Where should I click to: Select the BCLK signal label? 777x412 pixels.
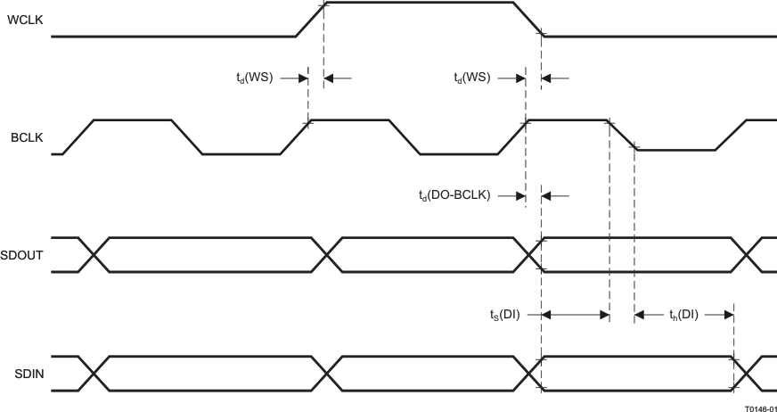21,137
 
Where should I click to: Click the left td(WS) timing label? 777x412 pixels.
248,78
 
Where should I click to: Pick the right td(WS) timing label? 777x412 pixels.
471,78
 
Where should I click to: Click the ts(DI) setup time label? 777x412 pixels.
504,314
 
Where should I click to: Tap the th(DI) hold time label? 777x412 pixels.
683,314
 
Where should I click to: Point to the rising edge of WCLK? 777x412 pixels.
309,20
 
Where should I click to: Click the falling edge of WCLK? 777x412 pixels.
529,20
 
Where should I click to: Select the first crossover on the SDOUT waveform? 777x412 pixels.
94,255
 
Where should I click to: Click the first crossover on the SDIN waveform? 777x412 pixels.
94,373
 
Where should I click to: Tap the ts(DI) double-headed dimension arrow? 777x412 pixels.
575,314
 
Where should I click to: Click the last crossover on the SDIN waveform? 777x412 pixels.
748,373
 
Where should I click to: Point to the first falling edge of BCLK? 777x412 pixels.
187,137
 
